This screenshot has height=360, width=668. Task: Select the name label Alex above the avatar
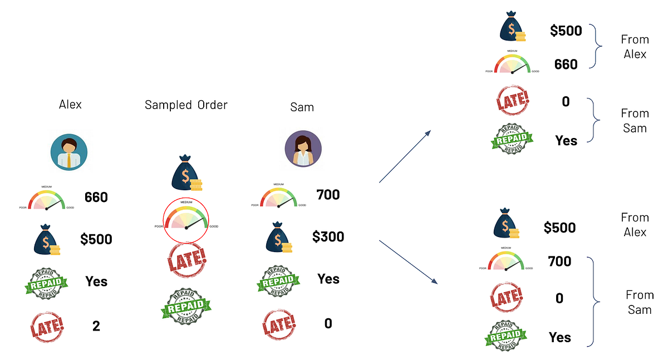pyautogui.click(x=70, y=105)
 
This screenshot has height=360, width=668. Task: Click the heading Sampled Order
pyautogui.click(x=186, y=105)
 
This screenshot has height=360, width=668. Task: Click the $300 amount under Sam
pyautogui.click(x=328, y=237)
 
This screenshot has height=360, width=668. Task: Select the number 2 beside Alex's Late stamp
pyautogui.click(x=96, y=326)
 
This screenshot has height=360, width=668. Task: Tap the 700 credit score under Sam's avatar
pyautogui.click(x=328, y=195)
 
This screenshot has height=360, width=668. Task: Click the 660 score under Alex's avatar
pyautogui.click(x=96, y=198)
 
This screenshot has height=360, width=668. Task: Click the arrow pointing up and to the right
pyautogui.click(x=405, y=156)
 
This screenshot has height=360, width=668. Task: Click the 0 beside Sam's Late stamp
pyautogui.click(x=328, y=323)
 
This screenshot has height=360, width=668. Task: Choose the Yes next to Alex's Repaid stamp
pyautogui.click(x=96, y=282)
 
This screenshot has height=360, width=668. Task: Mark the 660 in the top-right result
pyautogui.click(x=566, y=65)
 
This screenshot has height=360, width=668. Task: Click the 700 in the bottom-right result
pyautogui.click(x=559, y=261)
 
